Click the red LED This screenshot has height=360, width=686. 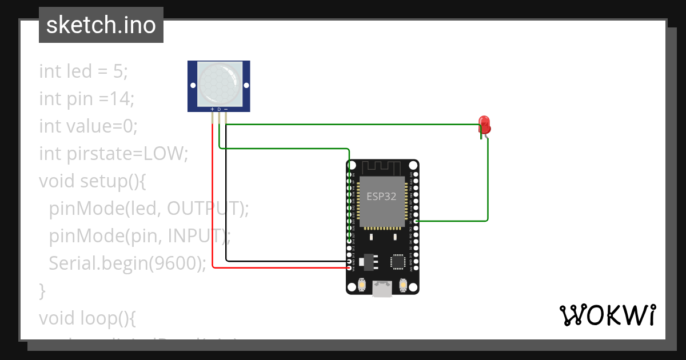(x=484, y=125)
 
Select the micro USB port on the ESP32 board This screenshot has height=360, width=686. (x=382, y=289)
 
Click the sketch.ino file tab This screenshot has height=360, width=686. (x=101, y=25)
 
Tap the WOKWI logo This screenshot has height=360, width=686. (x=607, y=315)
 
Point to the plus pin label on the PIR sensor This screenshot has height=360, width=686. (x=213, y=109)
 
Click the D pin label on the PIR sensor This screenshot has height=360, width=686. (x=220, y=109)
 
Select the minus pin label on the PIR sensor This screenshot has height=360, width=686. (x=226, y=109)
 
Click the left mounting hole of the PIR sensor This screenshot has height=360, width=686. (x=193, y=86)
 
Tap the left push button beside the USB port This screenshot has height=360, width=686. (x=362, y=284)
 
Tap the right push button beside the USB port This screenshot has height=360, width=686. (x=402, y=284)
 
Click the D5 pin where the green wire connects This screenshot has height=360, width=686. (x=416, y=221)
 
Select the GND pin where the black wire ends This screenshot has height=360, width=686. (x=350, y=261)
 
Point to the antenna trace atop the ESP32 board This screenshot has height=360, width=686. (x=382, y=168)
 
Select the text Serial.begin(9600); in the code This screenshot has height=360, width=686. (x=127, y=263)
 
